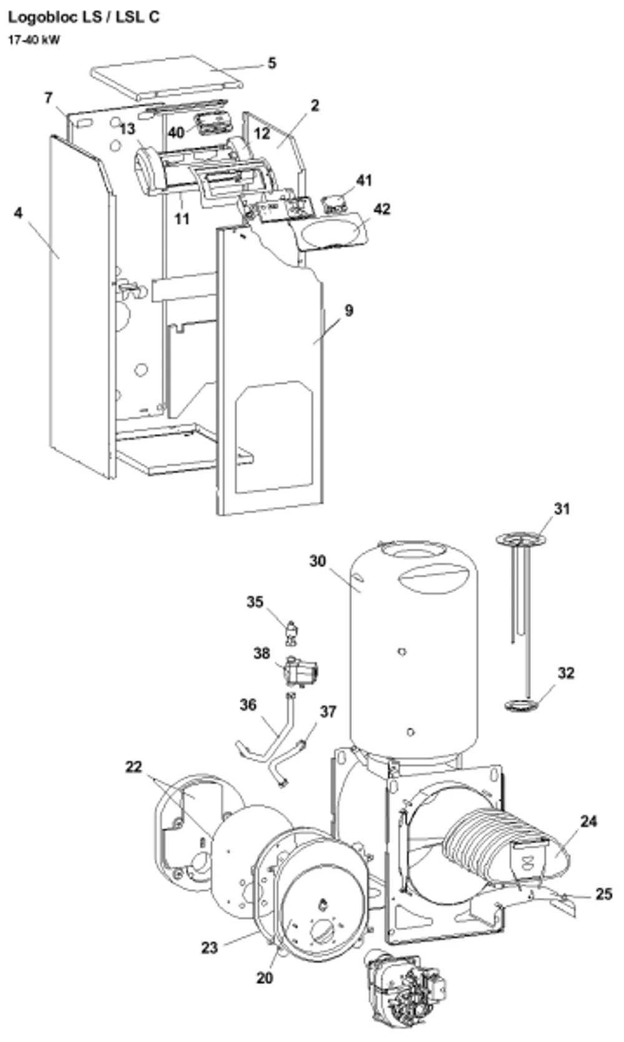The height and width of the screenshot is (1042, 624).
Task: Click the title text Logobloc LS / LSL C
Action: [84, 17]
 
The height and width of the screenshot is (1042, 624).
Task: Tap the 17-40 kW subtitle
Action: [34, 40]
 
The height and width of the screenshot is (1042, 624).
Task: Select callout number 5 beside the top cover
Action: [271, 63]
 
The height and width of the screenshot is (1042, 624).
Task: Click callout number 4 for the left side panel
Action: [18, 213]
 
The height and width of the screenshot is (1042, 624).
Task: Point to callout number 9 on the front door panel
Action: [349, 311]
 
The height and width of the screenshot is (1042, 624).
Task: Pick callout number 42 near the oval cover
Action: [382, 209]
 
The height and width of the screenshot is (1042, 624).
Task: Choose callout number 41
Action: [364, 180]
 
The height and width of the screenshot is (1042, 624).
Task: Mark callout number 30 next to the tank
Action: [318, 561]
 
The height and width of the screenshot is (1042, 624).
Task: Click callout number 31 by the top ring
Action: [562, 508]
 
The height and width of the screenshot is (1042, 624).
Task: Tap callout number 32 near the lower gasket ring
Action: [566, 673]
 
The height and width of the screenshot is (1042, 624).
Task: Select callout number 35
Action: [255, 602]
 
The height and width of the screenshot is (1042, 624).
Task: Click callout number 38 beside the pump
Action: [261, 654]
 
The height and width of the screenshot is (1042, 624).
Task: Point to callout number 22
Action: [134, 767]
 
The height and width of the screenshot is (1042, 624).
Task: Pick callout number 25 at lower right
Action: [603, 894]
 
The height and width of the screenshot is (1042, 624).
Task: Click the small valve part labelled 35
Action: [292, 633]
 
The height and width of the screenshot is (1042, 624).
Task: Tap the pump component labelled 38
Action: [300, 671]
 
